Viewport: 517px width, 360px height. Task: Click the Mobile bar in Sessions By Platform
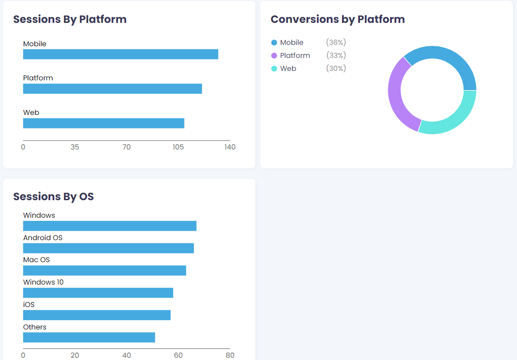(x=120, y=54)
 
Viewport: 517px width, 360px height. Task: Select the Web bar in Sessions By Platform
(x=103, y=123)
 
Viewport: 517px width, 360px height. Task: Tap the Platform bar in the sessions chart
(x=112, y=88)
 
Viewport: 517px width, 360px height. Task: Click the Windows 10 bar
(x=98, y=293)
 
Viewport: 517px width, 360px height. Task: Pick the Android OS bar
(x=108, y=248)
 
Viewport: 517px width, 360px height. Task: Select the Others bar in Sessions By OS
(x=89, y=337)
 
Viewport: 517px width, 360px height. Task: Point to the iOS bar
(x=96, y=315)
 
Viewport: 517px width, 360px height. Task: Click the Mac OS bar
(x=104, y=271)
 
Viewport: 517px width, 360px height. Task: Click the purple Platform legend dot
(x=274, y=56)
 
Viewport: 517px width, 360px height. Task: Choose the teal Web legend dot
(x=274, y=69)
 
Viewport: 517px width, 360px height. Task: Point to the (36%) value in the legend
(x=336, y=43)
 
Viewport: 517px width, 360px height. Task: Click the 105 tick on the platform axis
(x=178, y=147)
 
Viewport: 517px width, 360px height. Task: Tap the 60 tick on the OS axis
(x=178, y=356)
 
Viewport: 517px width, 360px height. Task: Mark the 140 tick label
(x=230, y=147)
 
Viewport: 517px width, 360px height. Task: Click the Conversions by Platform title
(x=337, y=19)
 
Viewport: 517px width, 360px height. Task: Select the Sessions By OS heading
(x=53, y=197)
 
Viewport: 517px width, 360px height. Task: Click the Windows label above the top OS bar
(x=39, y=215)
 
